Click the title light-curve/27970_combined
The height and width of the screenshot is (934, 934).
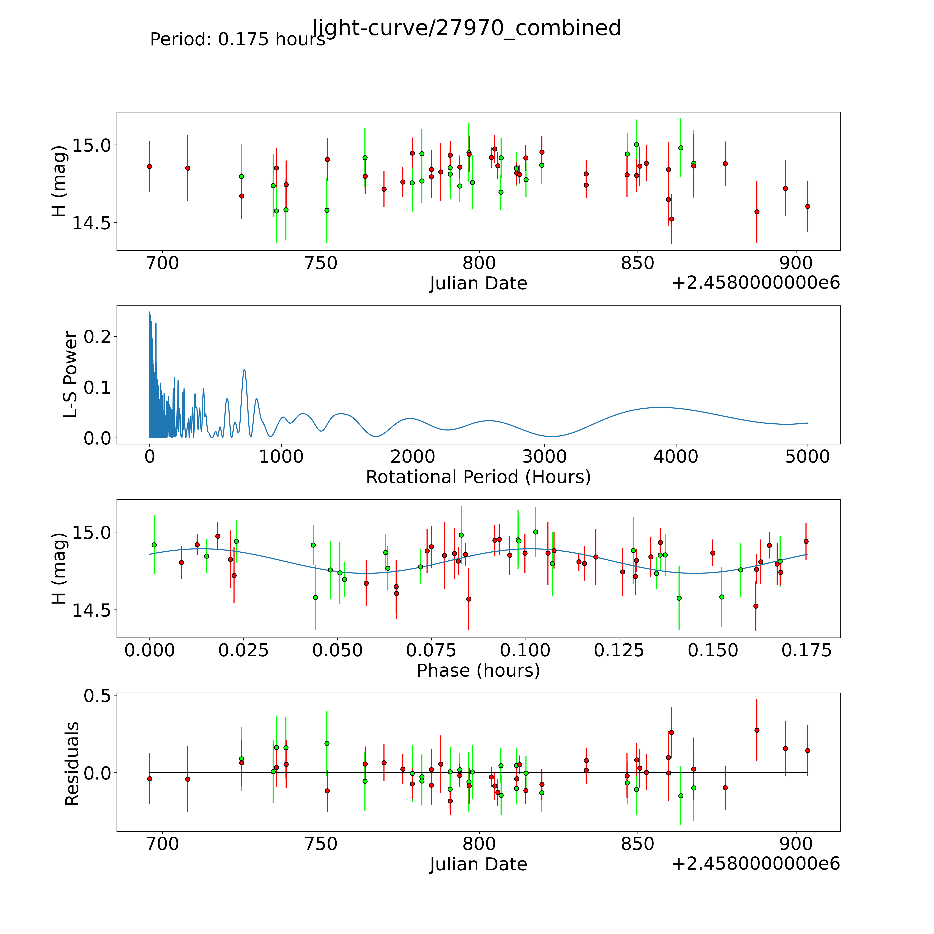[x=466, y=28]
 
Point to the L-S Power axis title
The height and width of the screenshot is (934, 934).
[x=71, y=375]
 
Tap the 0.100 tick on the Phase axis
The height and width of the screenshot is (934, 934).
[x=525, y=650]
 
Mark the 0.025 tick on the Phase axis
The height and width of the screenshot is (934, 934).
[x=243, y=650]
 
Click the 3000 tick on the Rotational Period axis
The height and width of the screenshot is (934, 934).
[x=544, y=456]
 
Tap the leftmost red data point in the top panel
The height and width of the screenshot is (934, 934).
[x=150, y=166]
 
